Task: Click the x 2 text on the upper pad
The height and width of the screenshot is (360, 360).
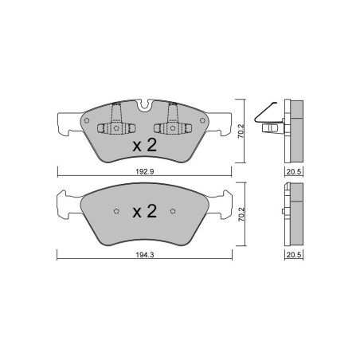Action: pos(144,145)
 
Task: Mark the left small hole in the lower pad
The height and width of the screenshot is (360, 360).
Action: pos(116,211)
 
